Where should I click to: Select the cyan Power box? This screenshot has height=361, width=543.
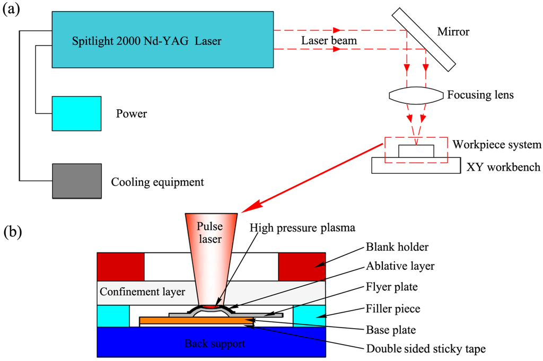tap(76, 113)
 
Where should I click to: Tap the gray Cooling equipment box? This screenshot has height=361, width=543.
tap(76, 181)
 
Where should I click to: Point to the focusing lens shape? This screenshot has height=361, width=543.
tap(416, 96)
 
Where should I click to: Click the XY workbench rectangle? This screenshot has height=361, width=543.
tap(416, 166)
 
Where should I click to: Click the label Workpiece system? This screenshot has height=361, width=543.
tap(496, 144)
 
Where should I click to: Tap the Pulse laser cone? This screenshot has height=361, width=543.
tap(211, 249)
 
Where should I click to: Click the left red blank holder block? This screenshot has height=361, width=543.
tap(120, 266)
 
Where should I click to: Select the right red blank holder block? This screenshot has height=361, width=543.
tap(302, 266)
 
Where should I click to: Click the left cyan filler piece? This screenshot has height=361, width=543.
tap(113, 316)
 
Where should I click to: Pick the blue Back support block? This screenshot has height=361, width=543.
tap(211, 342)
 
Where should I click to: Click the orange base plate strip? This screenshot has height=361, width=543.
tap(196, 320)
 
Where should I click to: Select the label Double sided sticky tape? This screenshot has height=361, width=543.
tap(425, 349)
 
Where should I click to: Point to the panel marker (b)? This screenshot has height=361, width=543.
tap(13, 232)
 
